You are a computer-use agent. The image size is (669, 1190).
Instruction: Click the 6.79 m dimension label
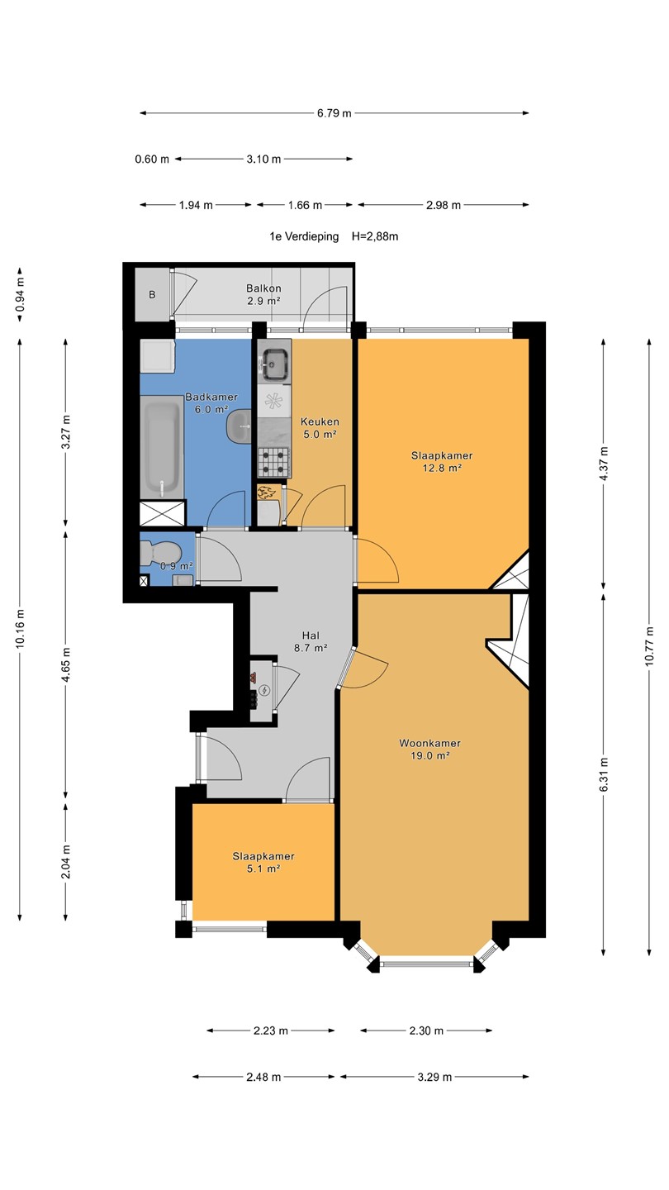[334, 113]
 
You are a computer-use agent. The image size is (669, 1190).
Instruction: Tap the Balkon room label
[263, 288]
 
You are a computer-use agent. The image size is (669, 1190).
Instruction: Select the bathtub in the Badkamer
[163, 447]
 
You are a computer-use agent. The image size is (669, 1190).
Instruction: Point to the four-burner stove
[274, 462]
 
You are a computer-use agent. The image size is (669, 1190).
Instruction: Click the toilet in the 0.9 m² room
[157, 553]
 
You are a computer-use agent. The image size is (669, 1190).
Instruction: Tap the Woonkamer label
[429, 743]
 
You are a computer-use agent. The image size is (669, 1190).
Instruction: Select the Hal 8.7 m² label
[311, 642]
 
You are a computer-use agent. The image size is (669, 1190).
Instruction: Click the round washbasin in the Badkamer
[240, 426]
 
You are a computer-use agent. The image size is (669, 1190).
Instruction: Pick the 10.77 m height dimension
[649, 645]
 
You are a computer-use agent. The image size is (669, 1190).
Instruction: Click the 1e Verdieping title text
[304, 236]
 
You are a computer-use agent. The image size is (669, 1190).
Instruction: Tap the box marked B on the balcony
[152, 294]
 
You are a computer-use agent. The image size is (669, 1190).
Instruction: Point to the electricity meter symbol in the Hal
[264, 690]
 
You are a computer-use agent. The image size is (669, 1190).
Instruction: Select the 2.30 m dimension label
[426, 1031]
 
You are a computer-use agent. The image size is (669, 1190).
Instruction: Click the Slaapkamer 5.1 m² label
[263, 862]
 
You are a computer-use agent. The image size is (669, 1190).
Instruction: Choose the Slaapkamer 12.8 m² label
[442, 462]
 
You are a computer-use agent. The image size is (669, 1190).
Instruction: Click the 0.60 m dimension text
[152, 159]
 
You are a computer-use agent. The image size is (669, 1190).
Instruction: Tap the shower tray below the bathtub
[163, 513]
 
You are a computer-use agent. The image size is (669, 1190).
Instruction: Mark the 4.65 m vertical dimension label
[66, 664]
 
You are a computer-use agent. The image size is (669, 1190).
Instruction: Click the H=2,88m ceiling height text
[375, 236]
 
